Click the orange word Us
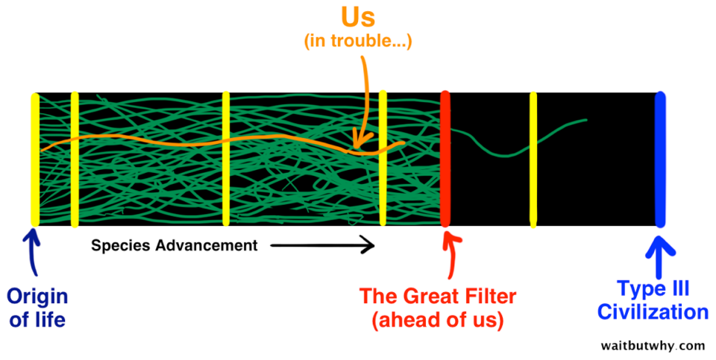[x=357, y=17]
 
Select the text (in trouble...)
[x=358, y=41]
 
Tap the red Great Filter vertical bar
[x=445, y=159]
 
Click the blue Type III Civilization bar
[x=660, y=160]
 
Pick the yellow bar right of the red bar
[x=533, y=160]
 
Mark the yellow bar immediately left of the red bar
[x=383, y=158]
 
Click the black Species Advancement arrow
[x=322, y=246]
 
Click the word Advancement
[x=207, y=245]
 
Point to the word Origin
[x=37, y=297]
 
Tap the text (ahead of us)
[x=438, y=320]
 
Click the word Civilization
[x=653, y=312]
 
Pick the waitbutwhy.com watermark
[x=653, y=345]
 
